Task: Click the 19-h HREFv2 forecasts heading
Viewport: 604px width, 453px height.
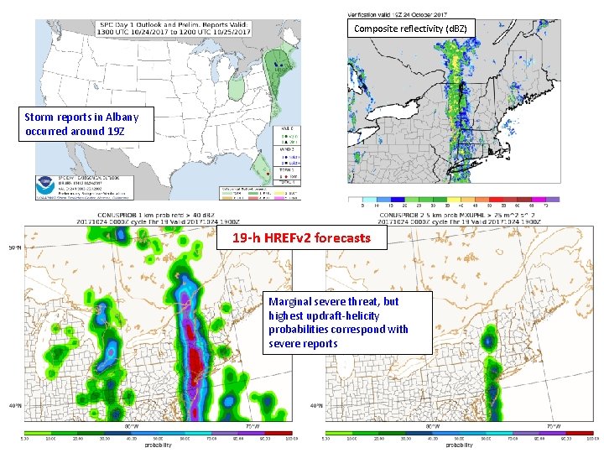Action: (301, 238)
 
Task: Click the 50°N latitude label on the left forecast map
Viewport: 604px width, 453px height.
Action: (15, 247)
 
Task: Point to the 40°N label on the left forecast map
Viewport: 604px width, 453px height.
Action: (15, 405)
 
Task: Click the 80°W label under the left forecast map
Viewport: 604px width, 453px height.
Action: (131, 426)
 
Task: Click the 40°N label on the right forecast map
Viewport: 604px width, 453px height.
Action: (316, 405)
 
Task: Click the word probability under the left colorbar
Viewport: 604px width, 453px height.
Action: (158, 445)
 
